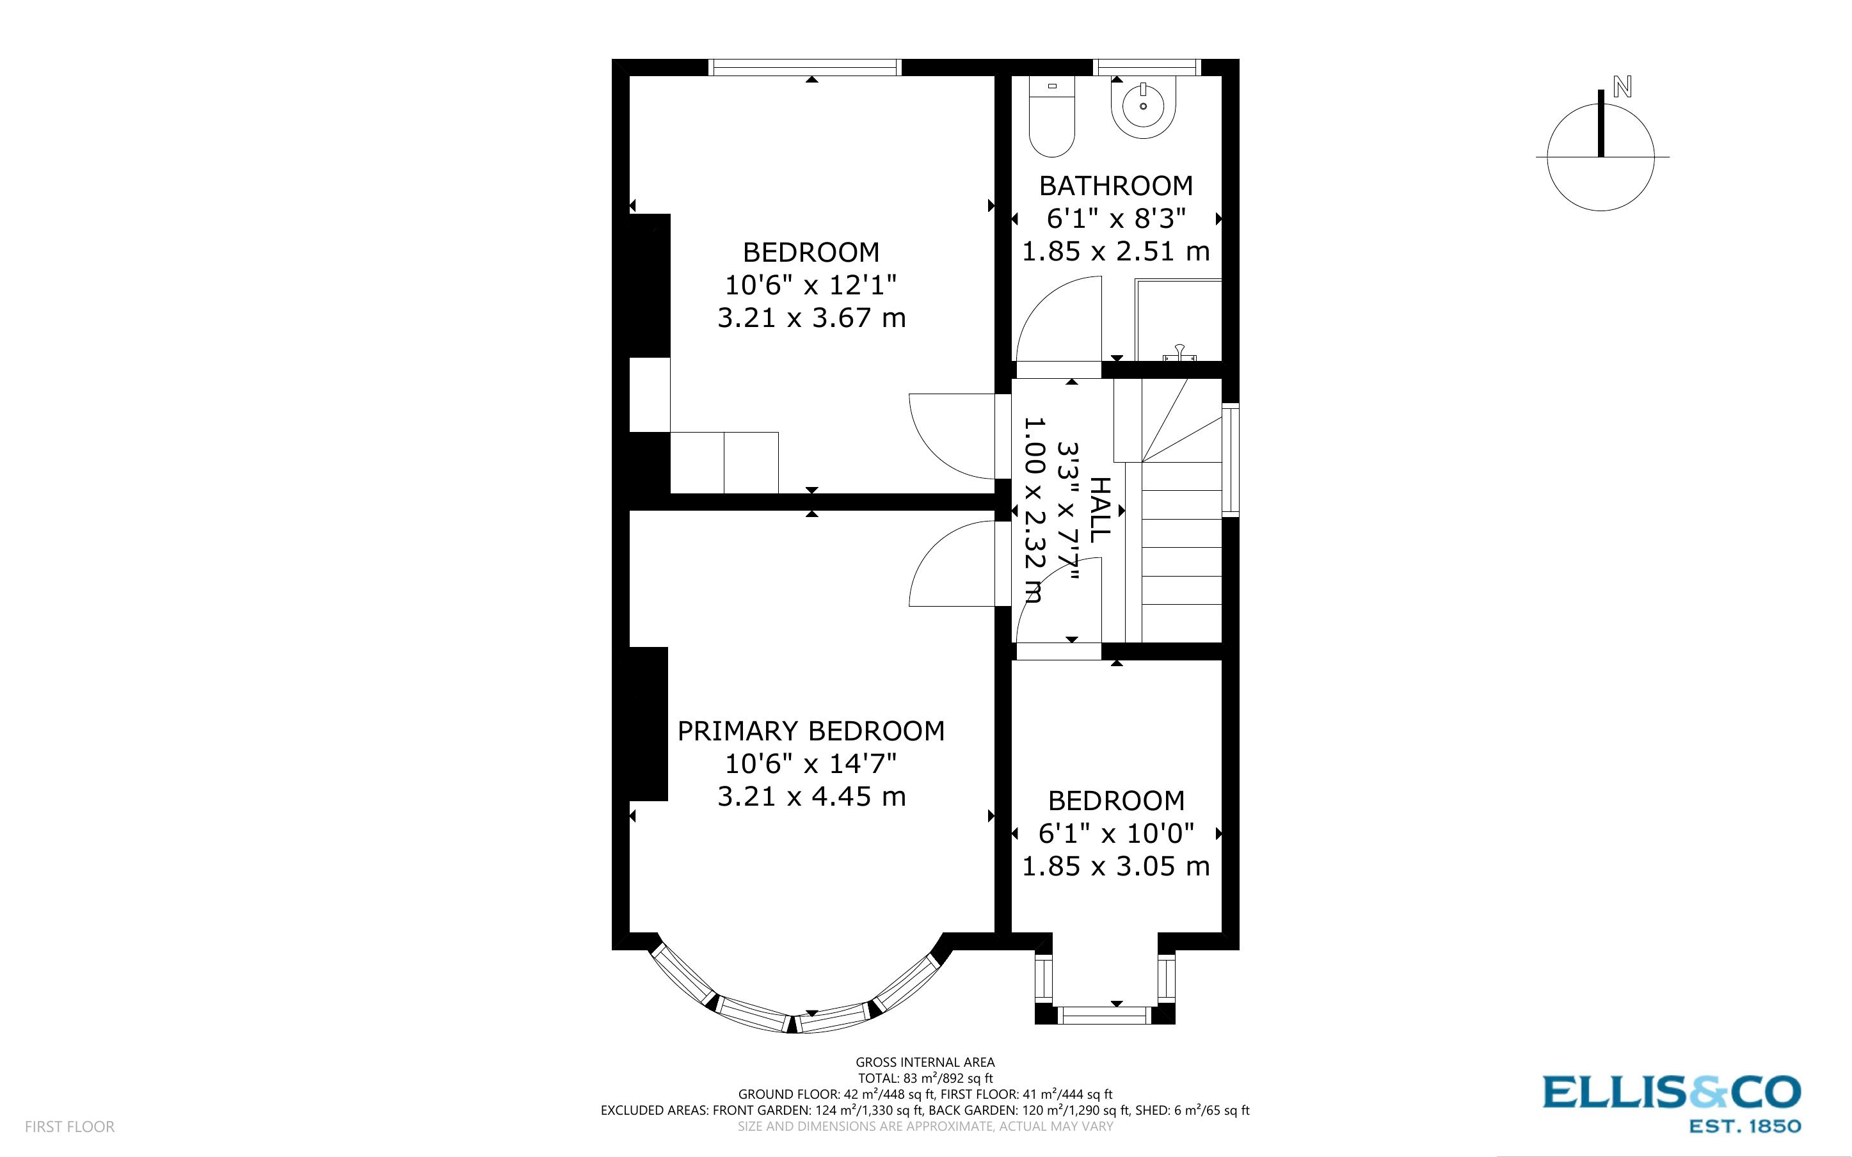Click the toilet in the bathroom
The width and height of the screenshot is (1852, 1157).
point(1052,118)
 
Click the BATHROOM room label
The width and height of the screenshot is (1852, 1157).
point(1115,186)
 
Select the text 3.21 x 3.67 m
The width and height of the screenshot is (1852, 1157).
point(811,317)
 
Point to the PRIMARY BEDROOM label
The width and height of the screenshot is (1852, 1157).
point(811,731)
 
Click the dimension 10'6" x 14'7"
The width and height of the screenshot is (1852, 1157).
point(811,763)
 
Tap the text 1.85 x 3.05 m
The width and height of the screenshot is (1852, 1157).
point(1115,866)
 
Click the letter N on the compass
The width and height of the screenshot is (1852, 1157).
point(1622,86)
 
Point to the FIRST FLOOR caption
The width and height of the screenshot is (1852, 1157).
point(70,1126)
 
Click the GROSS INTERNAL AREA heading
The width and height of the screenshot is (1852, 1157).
point(925,1062)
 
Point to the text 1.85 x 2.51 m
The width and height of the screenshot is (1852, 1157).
point(1115,251)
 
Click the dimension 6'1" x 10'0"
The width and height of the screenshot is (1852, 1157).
point(1115,833)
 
